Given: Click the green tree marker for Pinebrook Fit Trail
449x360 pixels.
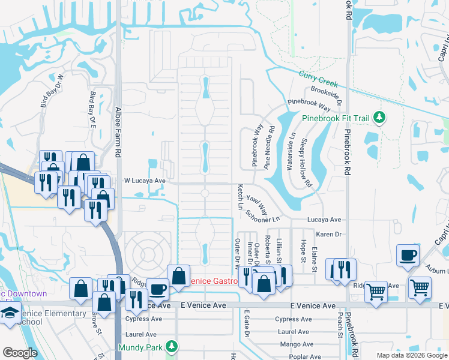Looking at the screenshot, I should (379, 117).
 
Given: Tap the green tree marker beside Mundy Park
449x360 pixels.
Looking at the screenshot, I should (172, 347).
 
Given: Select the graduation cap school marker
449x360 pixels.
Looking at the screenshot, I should (10, 313).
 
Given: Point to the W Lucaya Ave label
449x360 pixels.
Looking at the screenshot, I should (144, 180).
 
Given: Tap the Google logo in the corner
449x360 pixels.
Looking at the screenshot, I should (20, 353).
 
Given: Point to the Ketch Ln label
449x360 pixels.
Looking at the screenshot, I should (240, 196).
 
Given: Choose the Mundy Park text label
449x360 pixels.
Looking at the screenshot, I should (141, 347).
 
